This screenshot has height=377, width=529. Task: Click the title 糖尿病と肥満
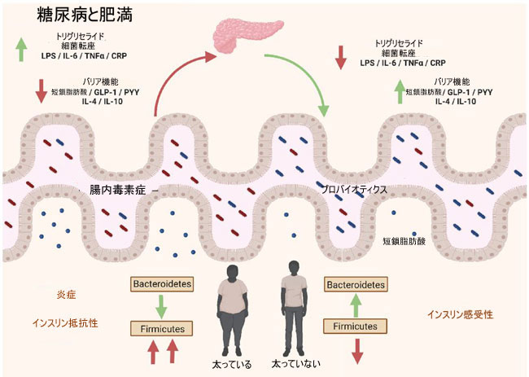point(85,15)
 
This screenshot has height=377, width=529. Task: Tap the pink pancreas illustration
point(247,35)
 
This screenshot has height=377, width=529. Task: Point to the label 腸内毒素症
point(117,190)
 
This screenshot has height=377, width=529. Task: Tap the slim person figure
point(294,308)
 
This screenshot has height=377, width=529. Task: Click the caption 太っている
point(232,365)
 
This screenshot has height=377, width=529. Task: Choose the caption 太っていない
point(296,364)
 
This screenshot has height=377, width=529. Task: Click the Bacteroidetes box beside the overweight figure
point(162,284)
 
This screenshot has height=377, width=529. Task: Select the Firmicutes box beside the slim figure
point(355,327)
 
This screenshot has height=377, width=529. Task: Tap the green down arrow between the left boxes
point(162,307)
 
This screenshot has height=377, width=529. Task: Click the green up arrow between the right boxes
point(356,305)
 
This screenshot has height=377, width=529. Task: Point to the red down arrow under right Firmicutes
point(357,351)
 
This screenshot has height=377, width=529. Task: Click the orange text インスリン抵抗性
point(65,323)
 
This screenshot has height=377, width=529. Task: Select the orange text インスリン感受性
point(460,314)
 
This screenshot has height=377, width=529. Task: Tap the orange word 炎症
point(67,295)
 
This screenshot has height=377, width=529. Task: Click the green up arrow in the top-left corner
point(21,50)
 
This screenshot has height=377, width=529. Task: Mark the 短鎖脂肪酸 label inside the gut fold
point(404,241)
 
